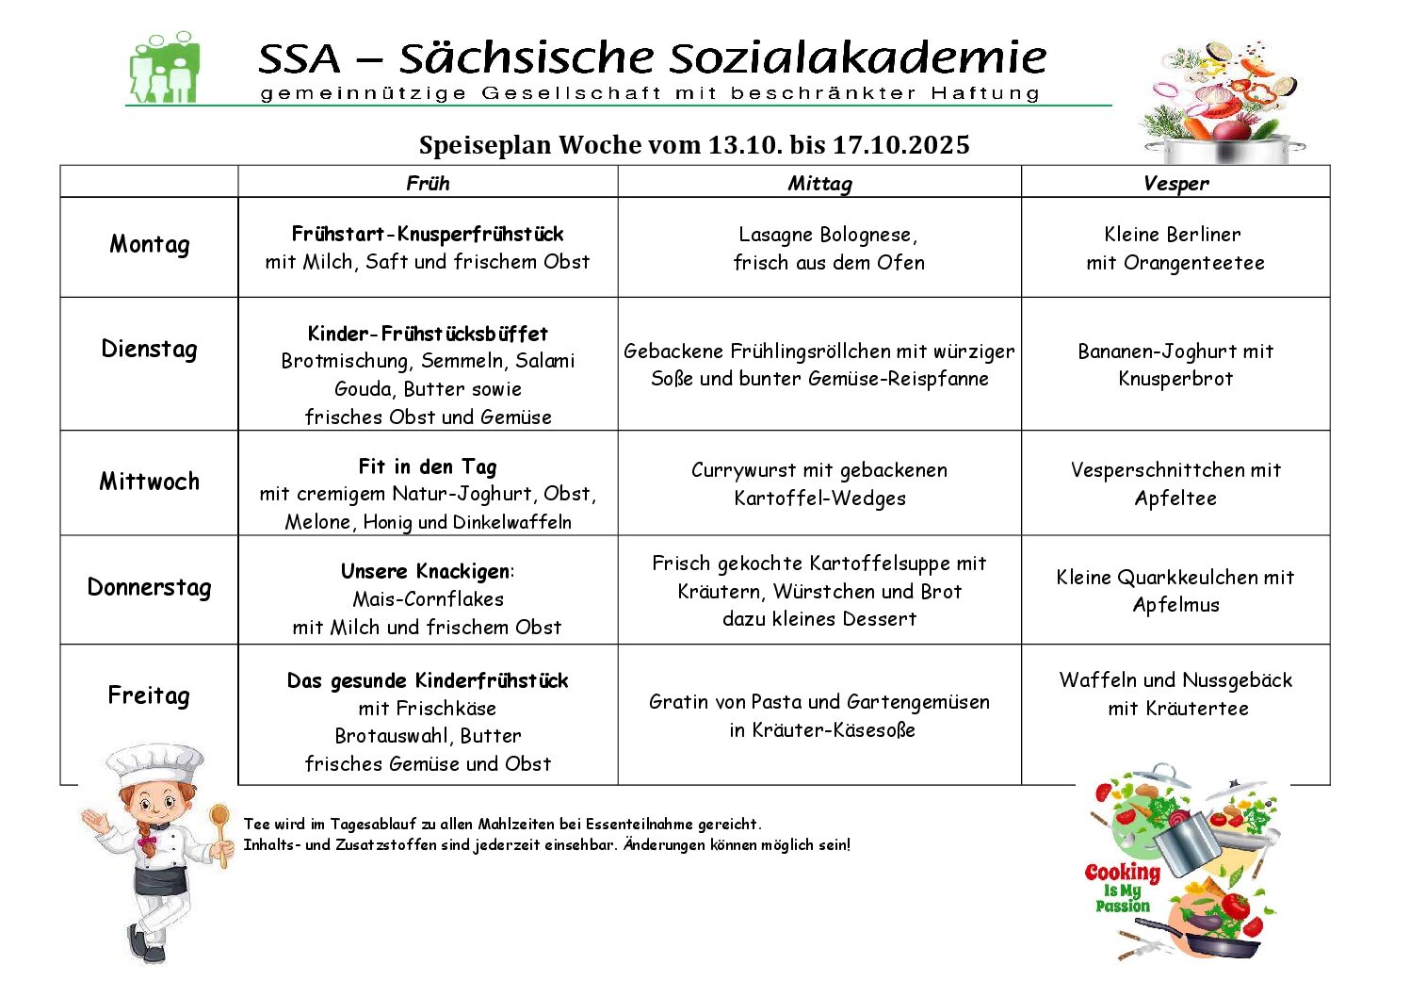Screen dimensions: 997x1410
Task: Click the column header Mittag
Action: coord(819,184)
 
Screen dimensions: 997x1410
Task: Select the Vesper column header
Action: coord(1175,184)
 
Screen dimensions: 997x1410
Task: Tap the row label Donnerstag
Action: coord(149,588)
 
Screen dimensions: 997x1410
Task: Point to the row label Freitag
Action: coord(149,696)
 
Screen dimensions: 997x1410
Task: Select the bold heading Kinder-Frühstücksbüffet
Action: coord(428,334)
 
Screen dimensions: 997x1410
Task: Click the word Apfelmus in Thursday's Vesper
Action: coord(1175,605)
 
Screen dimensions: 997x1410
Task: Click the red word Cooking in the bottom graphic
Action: coord(1122,873)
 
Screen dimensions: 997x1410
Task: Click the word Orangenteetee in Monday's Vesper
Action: coord(1193,263)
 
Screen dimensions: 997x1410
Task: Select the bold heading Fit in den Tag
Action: coord(428,466)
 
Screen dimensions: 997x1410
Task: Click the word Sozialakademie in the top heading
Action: coord(858,58)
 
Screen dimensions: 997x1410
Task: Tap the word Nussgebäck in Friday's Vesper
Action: coord(1237,680)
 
